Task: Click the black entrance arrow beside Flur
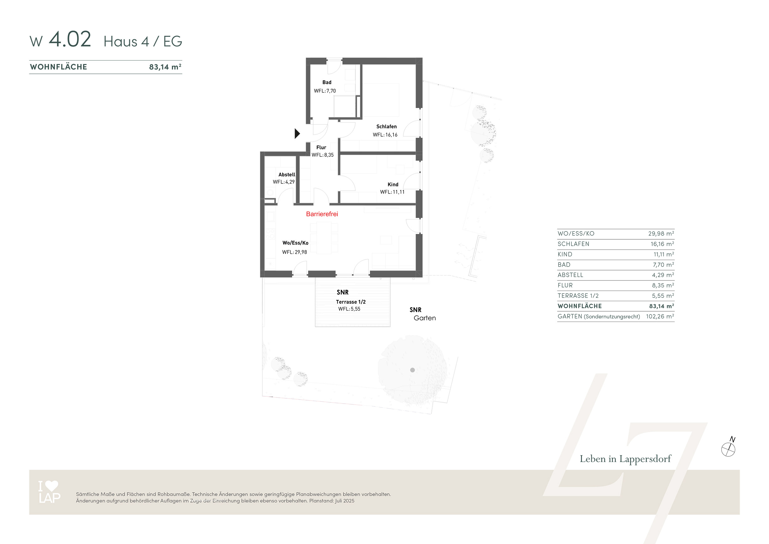[x=297, y=133]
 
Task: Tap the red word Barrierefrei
[x=322, y=214]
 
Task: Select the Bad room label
[x=327, y=82]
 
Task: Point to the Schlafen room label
[x=386, y=126]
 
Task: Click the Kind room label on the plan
[x=393, y=184]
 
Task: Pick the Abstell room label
[x=287, y=174]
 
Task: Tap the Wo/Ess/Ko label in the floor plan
[x=295, y=243]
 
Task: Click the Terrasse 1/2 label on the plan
[x=351, y=302]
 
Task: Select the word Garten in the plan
[x=425, y=318]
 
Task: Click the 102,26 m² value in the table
[x=660, y=316]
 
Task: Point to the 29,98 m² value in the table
[x=661, y=233]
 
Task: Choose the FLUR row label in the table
[x=565, y=285]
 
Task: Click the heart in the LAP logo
[x=51, y=486]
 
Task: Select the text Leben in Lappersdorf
[x=625, y=459]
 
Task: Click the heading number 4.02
[x=70, y=39]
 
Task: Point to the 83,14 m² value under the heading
[x=165, y=67]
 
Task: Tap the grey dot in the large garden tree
[x=412, y=370]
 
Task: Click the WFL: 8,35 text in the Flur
[x=323, y=155]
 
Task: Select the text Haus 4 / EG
[x=143, y=41]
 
